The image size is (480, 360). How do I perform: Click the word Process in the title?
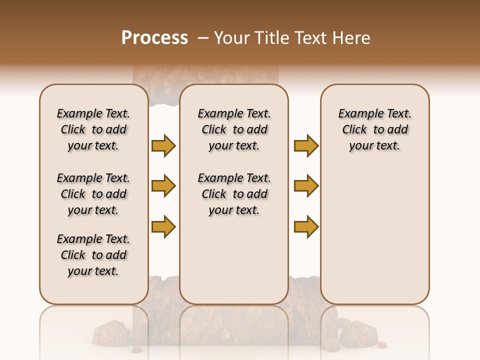[154, 38]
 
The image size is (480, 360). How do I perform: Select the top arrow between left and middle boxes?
[163, 145]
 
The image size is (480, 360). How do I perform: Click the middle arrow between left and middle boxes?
[163, 186]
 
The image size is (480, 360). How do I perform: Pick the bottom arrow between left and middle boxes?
[163, 226]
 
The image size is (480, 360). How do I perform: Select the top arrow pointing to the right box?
[306, 145]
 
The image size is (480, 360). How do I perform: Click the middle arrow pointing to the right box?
[306, 186]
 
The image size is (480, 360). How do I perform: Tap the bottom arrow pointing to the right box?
[306, 226]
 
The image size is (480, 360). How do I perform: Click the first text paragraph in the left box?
[93, 129]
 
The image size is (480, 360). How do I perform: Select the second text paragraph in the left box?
[93, 194]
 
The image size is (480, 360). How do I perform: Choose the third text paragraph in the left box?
[93, 255]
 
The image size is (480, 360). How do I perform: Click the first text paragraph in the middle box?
[234, 129]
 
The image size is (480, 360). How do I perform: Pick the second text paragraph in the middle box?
[234, 194]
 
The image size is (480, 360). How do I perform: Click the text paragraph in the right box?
[374, 129]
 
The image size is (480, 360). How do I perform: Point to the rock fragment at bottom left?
[111, 332]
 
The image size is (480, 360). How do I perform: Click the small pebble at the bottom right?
[381, 344]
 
